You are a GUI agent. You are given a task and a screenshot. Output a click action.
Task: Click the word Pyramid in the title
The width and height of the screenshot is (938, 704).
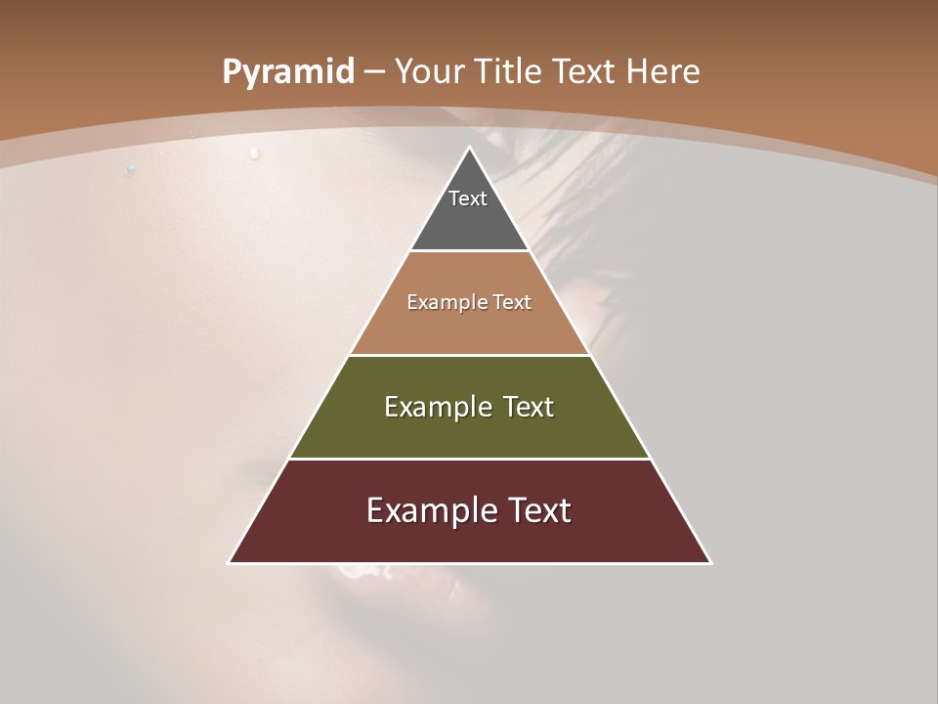click(x=287, y=72)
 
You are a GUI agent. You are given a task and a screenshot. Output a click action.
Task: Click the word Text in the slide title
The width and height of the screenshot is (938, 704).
click(x=584, y=71)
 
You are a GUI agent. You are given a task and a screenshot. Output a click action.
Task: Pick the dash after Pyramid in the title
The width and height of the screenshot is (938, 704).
click(x=374, y=72)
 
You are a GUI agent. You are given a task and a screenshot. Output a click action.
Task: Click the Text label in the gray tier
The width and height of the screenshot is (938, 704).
click(x=468, y=198)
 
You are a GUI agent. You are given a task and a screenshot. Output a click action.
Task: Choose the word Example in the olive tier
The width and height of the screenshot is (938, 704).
click(x=436, y=407)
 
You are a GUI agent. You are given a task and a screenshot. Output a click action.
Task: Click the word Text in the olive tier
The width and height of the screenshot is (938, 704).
click(x=529, y=407)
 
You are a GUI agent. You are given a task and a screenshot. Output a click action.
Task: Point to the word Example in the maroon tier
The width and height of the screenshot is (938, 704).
click(x=427, y=510)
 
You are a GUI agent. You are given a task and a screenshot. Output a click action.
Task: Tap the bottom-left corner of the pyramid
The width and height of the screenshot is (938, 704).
click(x=230, y=562)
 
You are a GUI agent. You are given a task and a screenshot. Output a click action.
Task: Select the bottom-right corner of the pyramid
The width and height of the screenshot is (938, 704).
click(x=709, y=562)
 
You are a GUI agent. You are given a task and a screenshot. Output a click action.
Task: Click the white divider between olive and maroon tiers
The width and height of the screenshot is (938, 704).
click(x=470, y=459)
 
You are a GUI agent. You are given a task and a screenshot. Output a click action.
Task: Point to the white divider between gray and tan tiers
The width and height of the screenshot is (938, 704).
click(x=470, y=251)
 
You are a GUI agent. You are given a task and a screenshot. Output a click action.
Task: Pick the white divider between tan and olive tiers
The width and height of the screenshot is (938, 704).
click(x=470, y=355)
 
